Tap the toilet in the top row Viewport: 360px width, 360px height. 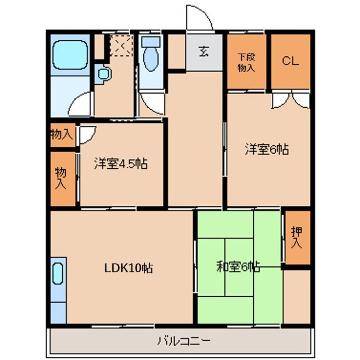[150, 58]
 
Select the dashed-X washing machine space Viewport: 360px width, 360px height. [120, 45]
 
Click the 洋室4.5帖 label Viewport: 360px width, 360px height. [121, 163]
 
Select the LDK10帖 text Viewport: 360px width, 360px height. [128, 267]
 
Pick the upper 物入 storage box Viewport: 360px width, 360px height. [61, 133]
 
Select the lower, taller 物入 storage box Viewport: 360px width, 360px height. [61, 178]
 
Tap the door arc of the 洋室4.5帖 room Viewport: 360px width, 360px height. [90, 137]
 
